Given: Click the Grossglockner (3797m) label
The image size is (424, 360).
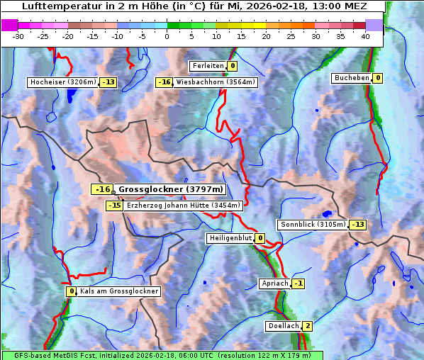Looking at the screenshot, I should pos(170,189).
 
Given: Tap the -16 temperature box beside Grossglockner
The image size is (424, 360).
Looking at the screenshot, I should pos(103,189).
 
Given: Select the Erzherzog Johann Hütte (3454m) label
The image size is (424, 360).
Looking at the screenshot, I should pos(184,206).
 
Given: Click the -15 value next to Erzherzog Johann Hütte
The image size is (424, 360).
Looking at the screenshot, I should pos(114,206).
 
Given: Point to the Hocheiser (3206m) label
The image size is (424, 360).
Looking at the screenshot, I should pos(62,82).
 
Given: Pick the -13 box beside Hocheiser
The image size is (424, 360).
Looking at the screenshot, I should pos(108,82).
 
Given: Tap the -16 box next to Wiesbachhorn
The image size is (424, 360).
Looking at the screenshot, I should pos(164,82).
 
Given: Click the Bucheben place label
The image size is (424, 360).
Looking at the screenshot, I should pos(352,78).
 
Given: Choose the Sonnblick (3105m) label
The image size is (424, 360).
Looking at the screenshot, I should pos(313,225).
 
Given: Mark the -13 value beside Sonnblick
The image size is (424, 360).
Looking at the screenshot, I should pos(358,225).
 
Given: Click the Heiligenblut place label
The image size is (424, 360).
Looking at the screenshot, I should pos(230,238).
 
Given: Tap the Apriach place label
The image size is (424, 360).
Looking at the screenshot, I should pos(275,283).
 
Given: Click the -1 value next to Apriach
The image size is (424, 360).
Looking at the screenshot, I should pos(299,283).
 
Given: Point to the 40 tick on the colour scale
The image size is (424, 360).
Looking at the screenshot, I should pos(364,35).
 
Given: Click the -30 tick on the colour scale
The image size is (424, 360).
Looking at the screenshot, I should pos(19,35).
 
